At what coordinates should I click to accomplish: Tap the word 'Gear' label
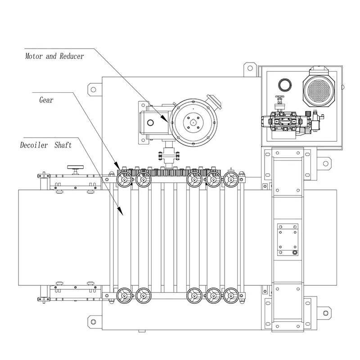(46, 100)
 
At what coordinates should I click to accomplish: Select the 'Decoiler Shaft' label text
(46, 145)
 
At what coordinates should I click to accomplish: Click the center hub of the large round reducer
(193, 121)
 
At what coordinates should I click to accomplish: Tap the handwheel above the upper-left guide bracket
(74, 168)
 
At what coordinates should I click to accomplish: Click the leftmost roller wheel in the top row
(123, 180)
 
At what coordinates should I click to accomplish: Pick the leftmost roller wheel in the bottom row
(123, 295)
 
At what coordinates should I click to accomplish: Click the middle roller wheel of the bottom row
(193, 295)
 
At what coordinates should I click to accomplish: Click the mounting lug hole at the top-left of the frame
(93, 89)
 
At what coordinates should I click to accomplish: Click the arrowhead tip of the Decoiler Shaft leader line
(122, 214)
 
